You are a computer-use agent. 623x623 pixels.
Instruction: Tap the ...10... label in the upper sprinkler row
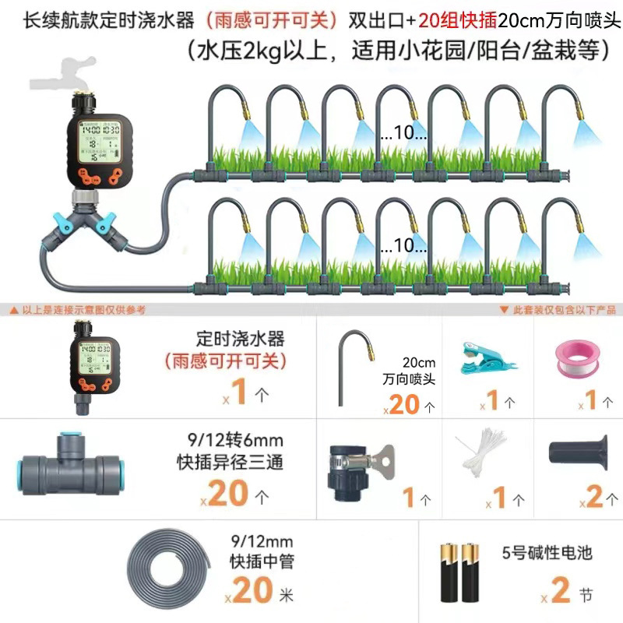tap(403, 134)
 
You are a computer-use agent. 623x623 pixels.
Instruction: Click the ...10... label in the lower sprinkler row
tap(403, 246)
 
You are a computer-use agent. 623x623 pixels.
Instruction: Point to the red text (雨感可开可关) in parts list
tap(225, 361)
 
